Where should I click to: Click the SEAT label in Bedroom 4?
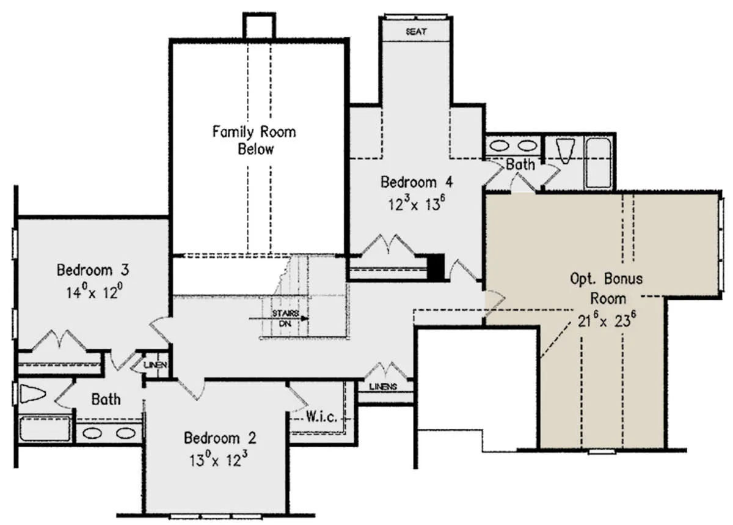click(416, 31)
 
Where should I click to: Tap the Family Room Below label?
click(254, 140)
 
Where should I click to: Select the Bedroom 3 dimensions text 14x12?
click(94, 291)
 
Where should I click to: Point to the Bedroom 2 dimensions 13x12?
click(218, 458)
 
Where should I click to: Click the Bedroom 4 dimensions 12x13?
click(416, 203)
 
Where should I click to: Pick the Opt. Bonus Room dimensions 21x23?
click(607, 320)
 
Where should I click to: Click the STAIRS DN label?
click(285, 318)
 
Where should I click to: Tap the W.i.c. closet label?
click(321, 417)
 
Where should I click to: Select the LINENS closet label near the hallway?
click(383, 387)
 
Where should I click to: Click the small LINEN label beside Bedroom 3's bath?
click(156, 364)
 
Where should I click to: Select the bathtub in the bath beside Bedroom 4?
click(598, 163)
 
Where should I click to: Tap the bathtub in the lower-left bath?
click(45, 428)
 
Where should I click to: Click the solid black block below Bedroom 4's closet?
click(436, 267)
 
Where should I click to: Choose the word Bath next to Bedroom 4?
click(520, 164)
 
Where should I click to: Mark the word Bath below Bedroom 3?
click(106, 399)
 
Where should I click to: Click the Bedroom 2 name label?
click(220, 438)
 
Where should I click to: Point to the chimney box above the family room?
click(259, 26)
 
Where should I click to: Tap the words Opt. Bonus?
click(607, 279)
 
